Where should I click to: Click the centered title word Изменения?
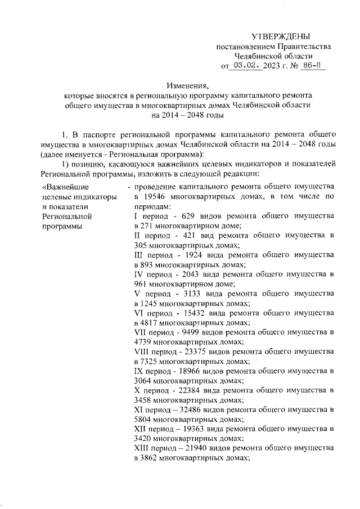click(x=187, y=86)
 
